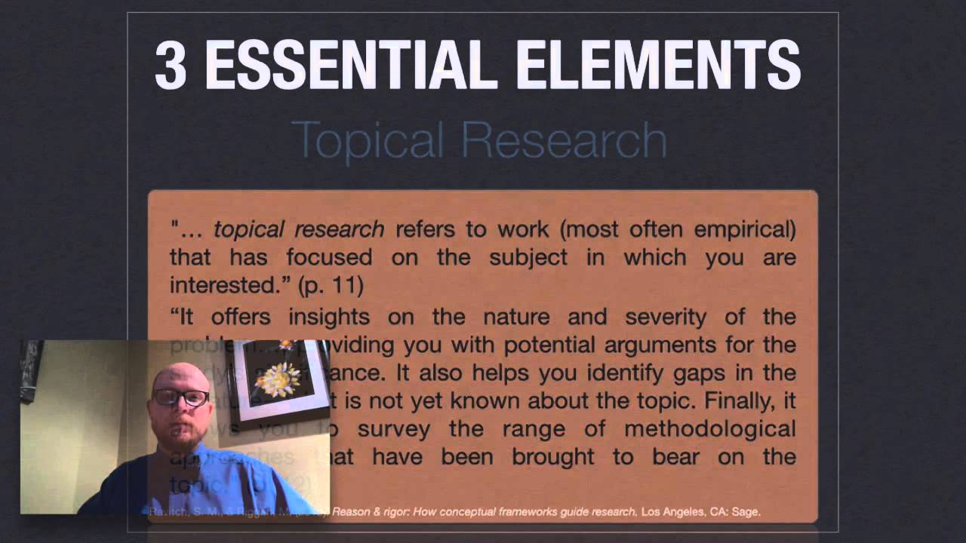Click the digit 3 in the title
[171, 66]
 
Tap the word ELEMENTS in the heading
[649, 66]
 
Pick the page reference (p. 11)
[331, 286]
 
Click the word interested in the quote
[226, 286]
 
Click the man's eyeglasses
[180, 397]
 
